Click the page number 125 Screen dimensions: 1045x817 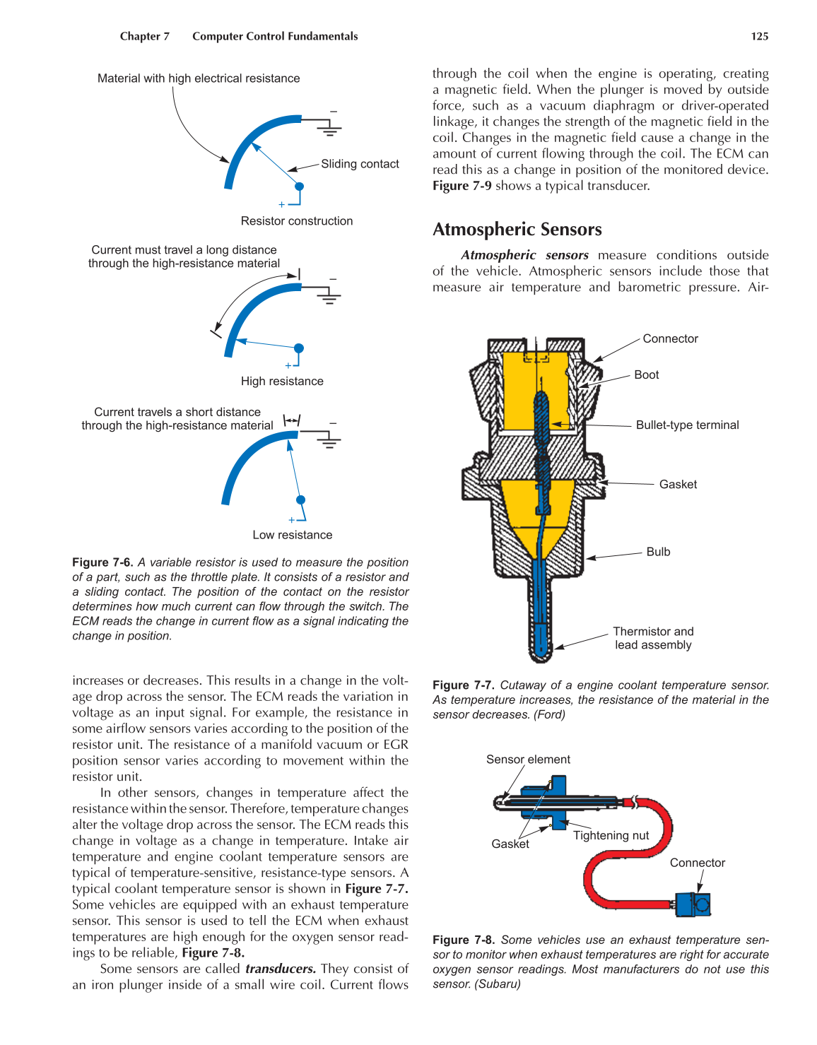[x=759, y=37]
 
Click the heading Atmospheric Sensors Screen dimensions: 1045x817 [x=517, y=230]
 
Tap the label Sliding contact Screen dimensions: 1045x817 [x=360, y=164]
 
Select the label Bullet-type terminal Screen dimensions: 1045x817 [x=687, y=425]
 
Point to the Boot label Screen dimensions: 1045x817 [x=646, y=375]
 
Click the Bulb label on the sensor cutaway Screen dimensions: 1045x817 [x=658, y=552]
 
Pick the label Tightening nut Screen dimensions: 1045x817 [x=611, y=836]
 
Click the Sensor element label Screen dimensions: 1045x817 [x=528, y=760]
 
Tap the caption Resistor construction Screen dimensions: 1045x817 [x=296, y=221]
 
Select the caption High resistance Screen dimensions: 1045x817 [x=282, y=382]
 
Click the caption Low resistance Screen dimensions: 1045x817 [x=292, y=536]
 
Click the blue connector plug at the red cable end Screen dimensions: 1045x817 [x=693, y=904]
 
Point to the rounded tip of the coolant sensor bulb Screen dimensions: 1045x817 [x=541, y=654]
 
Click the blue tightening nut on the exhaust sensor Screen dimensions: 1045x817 [x=558, y=802]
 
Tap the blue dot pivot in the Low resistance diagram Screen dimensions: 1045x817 [x=300, y=500]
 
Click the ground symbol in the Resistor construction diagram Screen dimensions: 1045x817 [x=329, y=128]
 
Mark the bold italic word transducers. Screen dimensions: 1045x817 [x=280, y=969]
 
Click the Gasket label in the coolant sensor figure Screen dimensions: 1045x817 [x=678, y=485]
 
